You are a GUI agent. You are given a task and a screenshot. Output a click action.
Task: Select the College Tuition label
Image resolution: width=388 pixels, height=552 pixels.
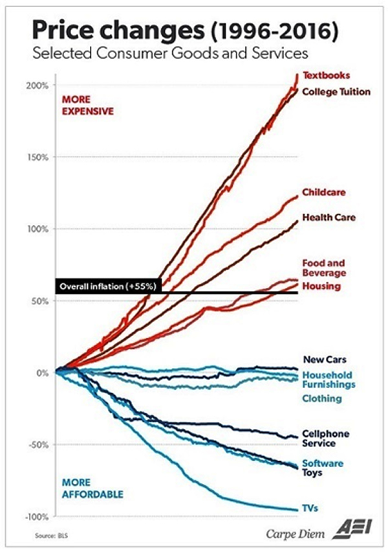(336, 91)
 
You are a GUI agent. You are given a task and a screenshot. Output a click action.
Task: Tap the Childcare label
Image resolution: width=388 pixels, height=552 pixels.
(323, 192)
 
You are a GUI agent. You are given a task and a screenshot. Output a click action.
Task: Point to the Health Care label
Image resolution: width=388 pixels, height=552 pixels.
(328, 217)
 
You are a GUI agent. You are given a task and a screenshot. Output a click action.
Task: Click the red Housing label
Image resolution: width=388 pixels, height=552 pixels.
(321, 286)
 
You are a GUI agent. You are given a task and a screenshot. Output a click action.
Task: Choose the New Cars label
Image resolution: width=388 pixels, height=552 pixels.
(325, 360)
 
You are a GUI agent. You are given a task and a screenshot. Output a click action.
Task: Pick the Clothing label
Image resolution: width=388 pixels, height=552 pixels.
(322, 398)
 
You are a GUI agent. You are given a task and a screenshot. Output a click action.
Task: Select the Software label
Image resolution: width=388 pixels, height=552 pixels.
(323, 463)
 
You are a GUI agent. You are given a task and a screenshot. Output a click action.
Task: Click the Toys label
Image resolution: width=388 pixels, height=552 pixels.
(314, 473)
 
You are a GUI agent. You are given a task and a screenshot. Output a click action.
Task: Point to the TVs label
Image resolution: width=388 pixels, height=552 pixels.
(311, 509)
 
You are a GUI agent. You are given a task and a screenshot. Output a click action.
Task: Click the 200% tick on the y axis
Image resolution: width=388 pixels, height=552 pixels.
(38, 86)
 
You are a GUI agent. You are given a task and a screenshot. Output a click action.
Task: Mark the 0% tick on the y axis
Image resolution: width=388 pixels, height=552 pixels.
(43, 373)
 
